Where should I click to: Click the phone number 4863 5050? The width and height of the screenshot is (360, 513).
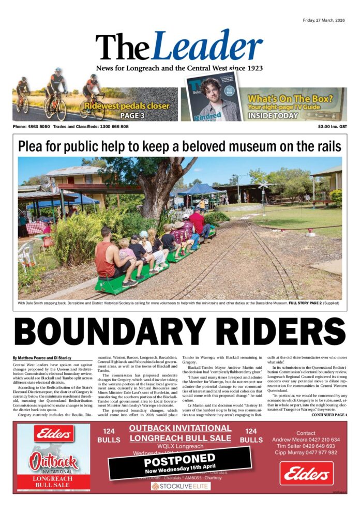39,127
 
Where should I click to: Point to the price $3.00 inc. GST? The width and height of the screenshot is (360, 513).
333,127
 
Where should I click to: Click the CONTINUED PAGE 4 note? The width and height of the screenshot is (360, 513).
329,415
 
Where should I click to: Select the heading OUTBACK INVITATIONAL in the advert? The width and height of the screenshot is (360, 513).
179,428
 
